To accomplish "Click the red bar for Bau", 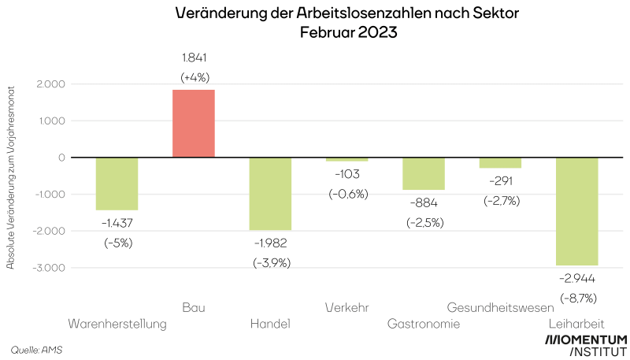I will (194, 124).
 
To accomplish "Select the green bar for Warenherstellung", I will (117, 184).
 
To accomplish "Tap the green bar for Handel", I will (271, 194).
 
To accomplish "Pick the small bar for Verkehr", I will (347, 160).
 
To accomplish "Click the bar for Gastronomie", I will (424, 174).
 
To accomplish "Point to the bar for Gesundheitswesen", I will (501, 163).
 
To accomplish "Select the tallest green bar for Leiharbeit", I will (577, 211).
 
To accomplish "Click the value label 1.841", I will (194, 58).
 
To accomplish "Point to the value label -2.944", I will (578, 279).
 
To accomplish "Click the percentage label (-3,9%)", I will (272, 262).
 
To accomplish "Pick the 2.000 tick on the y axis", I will (50, 84).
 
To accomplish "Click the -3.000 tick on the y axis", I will (48, 268).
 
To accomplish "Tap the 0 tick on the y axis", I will (61, 158).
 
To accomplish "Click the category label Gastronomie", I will (424, 324).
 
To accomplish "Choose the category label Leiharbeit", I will (576, 324).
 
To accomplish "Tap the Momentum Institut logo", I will (587, 345).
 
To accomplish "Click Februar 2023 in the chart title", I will (346, 33).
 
